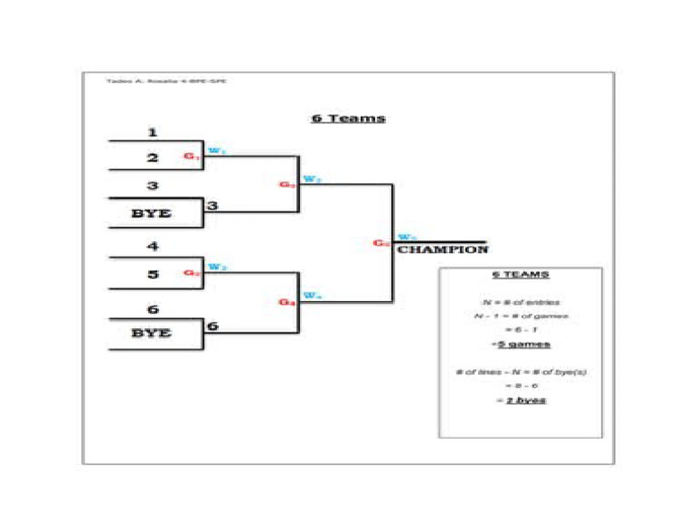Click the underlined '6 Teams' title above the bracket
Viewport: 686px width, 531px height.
click(347, 118)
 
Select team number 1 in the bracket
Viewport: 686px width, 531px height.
click(153, 132)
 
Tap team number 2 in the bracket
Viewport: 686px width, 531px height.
click(153, 157)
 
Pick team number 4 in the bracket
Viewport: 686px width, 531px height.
click(153, 247)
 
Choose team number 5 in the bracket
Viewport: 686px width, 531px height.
click(153, 274)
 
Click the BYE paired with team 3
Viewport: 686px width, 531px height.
click(151, 214)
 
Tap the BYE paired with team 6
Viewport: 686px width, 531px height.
click(151, 333)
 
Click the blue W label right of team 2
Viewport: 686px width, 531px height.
click(216, 150)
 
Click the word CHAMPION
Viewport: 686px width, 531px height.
click(443, 250)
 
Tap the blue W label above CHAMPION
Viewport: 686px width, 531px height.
click(406, 237)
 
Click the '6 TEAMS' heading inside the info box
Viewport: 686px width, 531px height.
click(521, 274)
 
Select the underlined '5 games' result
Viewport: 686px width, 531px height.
click(521, 344)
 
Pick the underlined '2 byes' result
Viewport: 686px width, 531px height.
click(521, 400)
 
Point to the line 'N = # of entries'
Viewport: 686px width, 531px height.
click(521, 302)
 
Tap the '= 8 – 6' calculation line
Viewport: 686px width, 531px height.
click(521, 385)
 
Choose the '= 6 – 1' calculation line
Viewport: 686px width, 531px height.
click(521, 330)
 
